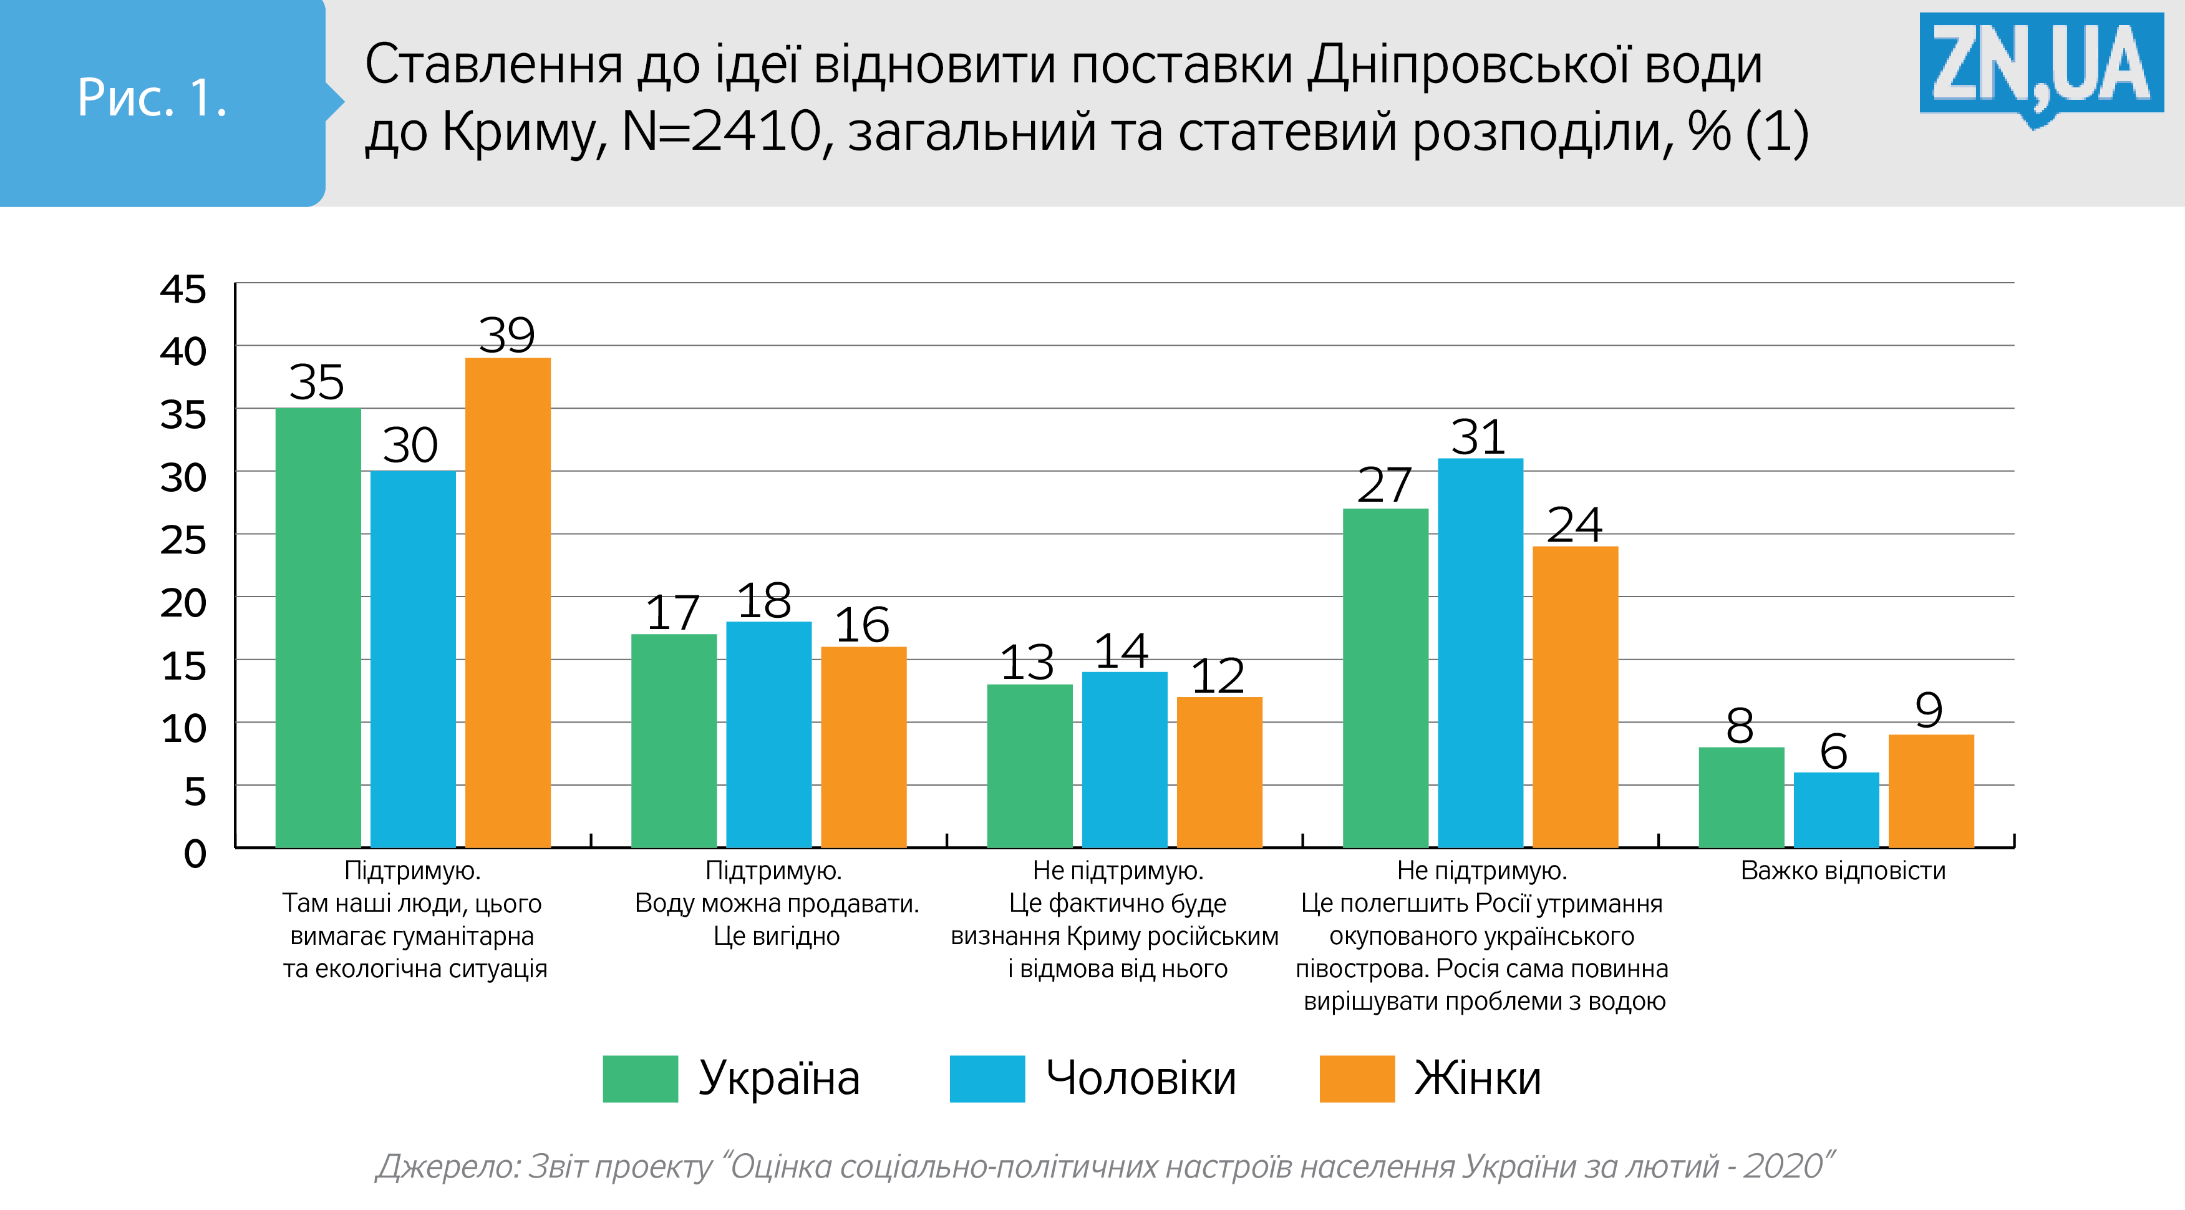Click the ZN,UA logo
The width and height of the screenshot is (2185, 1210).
click(2041, 66)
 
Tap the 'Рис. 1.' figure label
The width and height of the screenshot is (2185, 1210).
click(153, 97)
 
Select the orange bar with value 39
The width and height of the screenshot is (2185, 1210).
click(508, 602)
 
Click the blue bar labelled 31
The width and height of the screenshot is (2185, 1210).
click(1480, 653)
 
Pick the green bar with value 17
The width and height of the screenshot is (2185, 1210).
click(674, 741)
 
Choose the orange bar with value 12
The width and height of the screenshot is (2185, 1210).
click(1219, 772)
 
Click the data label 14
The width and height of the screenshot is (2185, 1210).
click(1122, 651)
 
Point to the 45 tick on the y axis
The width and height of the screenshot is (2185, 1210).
click(183, 290)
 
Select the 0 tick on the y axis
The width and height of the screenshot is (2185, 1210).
click(195, 853)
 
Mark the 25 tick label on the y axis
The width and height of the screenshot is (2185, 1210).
click(183, 540)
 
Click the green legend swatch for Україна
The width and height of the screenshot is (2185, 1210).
click(641, 1078)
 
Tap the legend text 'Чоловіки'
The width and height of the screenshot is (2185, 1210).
click(1141, 1078)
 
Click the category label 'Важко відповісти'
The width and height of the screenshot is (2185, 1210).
click(1843, 871)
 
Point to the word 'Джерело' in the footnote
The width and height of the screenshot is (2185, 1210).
click(448, 1168)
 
